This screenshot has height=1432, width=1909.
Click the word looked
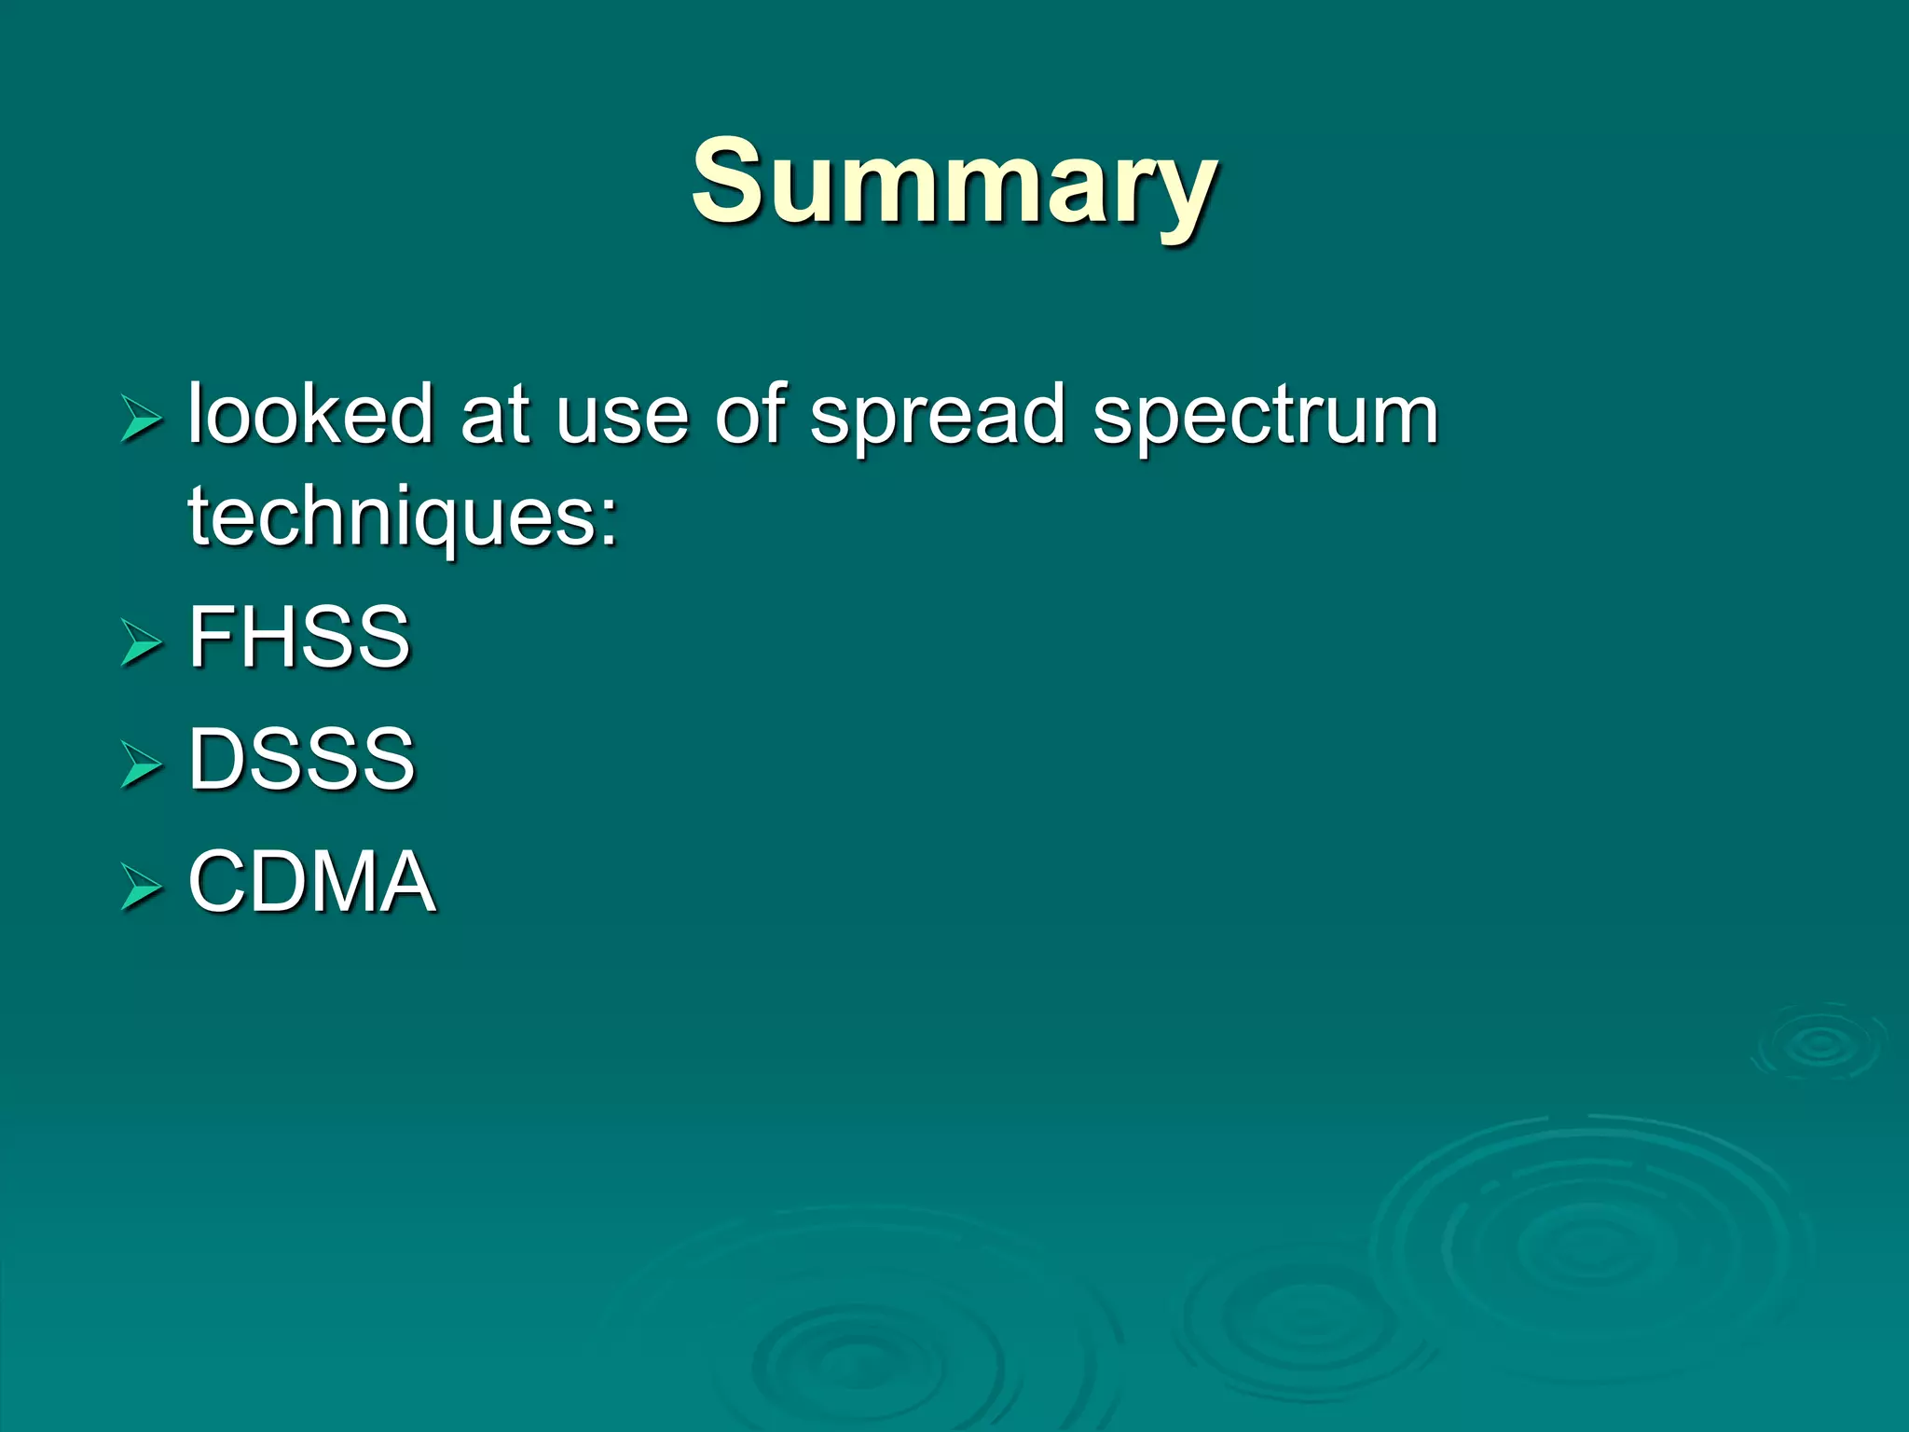tap(310, 414)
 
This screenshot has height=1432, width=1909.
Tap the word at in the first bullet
tap(495, 416)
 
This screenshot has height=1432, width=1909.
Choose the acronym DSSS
tap(301, 759)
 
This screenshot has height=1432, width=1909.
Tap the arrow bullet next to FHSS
tap(141, 642)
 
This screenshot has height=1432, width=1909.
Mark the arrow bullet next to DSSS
tap(141, 764)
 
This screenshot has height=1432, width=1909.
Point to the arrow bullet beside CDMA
tap(141, 887)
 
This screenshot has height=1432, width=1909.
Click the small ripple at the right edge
tap(1819, 1044)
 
